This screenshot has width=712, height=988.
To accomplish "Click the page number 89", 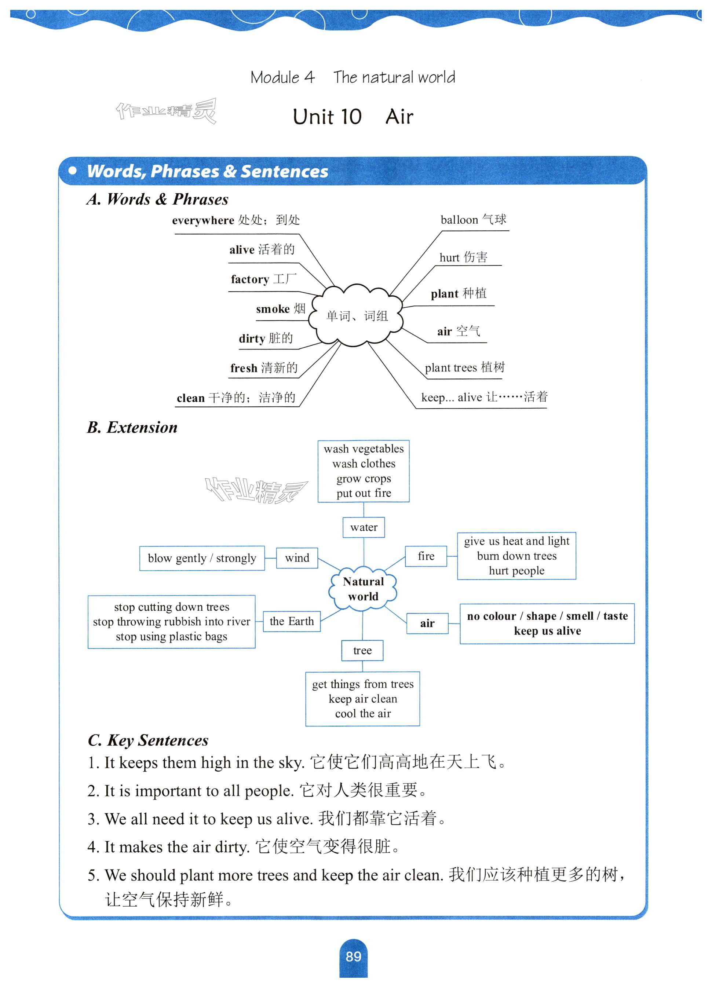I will pos(353,956).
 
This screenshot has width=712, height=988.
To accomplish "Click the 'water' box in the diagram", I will pos(364,527).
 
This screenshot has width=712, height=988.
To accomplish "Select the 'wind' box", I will pos(297,558).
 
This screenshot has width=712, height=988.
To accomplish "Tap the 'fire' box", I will pos(426,556).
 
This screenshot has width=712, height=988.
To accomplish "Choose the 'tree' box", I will pos(362,650).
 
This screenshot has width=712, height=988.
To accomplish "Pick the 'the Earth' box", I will pos(292,621).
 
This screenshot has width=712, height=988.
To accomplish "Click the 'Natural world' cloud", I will pos(363,589).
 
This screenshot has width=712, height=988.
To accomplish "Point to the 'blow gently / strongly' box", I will pos(202,558).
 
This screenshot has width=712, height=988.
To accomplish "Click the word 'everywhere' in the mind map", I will pos(203,220).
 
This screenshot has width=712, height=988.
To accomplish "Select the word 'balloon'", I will pos(459,220).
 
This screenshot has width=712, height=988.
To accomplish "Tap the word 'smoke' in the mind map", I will pos(273,309).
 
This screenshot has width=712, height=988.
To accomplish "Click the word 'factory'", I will pos(250,279).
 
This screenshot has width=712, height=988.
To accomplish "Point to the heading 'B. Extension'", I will pos(132,427).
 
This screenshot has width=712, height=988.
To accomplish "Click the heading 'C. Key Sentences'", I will pos(148,740).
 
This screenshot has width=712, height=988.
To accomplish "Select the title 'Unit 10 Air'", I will pos(353,117).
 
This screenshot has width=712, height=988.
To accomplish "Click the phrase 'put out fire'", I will pos(364,493).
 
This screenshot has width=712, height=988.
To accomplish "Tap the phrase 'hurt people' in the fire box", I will pos(516,571).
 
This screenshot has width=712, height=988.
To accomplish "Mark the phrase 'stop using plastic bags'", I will pos(171,636).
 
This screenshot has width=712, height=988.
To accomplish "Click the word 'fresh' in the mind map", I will pos(244,369).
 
